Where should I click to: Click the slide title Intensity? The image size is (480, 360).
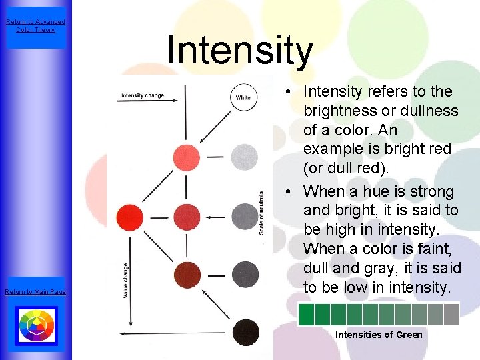[239, 51]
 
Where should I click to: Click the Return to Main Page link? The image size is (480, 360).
[35, 292]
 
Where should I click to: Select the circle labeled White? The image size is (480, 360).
[243, 97]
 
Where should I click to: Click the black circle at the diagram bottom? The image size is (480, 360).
[245, 331]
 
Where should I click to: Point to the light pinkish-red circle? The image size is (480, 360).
[187, 157]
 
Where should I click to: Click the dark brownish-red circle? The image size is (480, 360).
[187, 274]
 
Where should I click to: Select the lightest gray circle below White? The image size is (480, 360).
[244, 157]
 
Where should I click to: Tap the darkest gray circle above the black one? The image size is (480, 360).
[245, 274]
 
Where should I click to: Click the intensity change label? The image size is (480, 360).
[143, 95]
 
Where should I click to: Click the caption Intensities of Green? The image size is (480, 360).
[379, 335]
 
